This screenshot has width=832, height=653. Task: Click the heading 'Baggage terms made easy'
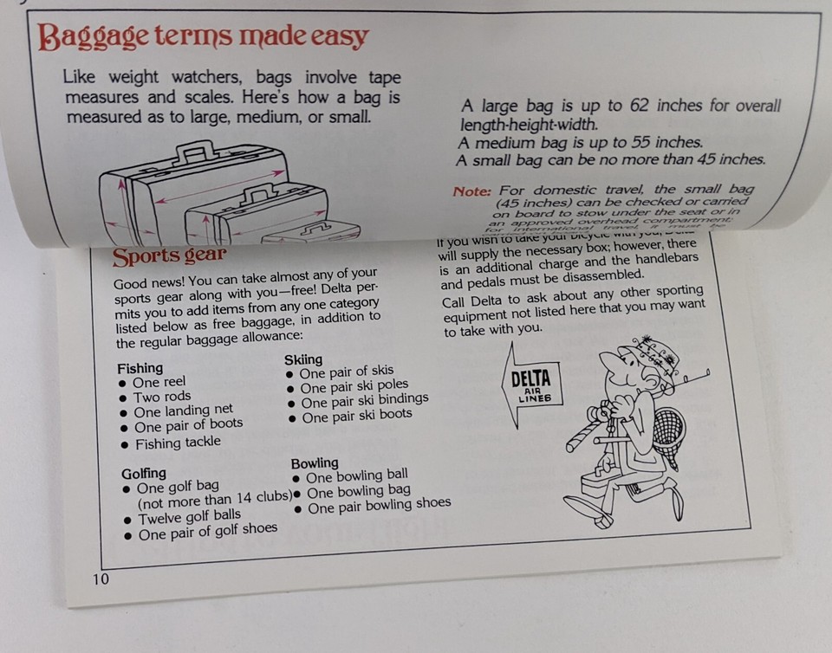[204, 37]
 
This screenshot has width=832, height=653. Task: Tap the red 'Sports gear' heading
[169, 255]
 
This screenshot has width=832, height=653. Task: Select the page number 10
[101, 579]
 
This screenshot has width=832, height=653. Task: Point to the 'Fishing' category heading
[140, 367]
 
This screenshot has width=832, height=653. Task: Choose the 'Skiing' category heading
[303, 359]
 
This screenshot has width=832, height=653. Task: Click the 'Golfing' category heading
[144, 473]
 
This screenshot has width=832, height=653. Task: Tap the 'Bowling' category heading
[315, 462]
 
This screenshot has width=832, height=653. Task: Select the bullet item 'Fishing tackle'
[177, 443]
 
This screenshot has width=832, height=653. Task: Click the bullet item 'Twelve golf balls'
[189, 517]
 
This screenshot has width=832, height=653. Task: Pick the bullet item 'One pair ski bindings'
[364, 399]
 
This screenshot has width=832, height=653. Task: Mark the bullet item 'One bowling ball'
[356, 475]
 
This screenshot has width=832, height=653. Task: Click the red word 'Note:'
[471, 191]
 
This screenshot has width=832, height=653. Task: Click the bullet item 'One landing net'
[183, 411]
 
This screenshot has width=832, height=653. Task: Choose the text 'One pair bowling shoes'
[379, 505]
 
